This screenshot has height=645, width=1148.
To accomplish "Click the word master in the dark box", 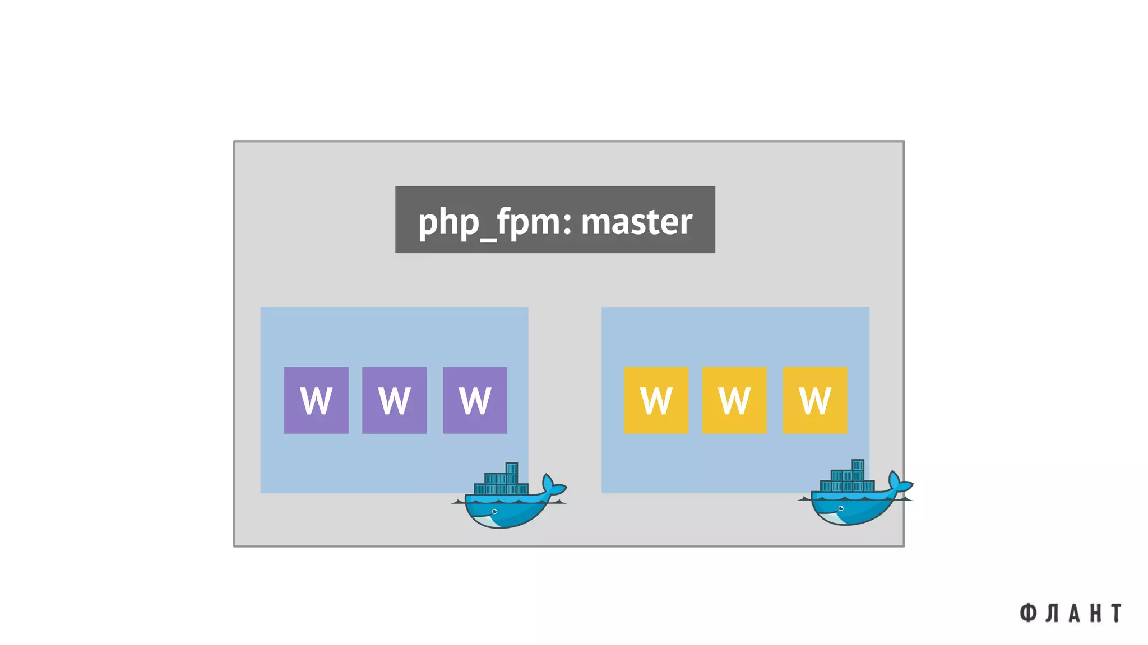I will pyautogui.click(x=636, y=222).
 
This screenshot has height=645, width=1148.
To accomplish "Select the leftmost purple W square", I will pyautogui.click(x=316, y=400).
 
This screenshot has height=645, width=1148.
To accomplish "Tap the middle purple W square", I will pyautogui.click(x=394, y=400).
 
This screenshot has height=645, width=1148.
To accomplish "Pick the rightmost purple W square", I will pyautogui.click(x=475, y=400).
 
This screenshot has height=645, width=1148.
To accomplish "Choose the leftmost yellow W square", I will pyautogui.click(x=656, y=400).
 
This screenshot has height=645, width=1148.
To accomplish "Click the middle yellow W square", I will pyautogui.click(x=734, y=400).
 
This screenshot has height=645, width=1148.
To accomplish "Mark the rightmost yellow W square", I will pyautogui.click(x=814, y=400).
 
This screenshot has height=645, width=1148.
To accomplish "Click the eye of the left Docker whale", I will pyautogui.click(x=494, y=511).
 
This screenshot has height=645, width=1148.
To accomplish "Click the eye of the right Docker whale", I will pyautogui.click(x=840, y=508).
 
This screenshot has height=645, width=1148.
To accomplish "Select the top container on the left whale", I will pyautogui.click(x=511, y=468).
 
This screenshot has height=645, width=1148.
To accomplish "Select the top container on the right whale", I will pyautogui.click(x=858, y=465).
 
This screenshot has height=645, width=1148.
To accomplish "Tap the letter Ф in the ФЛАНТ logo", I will pyautogui.click(x=1027, y=613).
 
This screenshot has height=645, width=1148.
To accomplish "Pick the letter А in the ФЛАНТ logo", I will pyautogui.click(x=1073, y=613).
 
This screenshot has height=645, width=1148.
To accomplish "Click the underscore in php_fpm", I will pyautogui.click(x=488, y=240).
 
